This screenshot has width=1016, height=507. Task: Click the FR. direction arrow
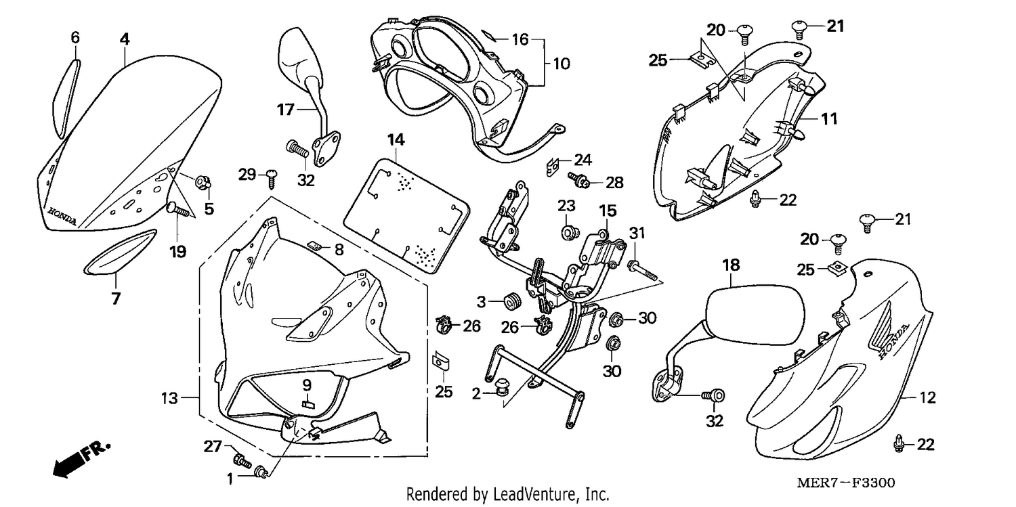click(81, 458)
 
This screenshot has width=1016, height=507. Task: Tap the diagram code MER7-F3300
click(846, 483)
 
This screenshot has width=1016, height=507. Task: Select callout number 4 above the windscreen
click(125, 39)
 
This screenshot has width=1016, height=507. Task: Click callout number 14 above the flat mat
click(396, 139)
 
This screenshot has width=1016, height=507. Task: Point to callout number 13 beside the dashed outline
click(169, 398)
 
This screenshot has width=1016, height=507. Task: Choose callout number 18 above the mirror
click(731, 265)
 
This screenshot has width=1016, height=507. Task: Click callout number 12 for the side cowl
click(927, 397)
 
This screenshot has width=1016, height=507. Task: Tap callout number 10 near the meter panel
click(562, 64)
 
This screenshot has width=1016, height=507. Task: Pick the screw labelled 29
click(272, 179)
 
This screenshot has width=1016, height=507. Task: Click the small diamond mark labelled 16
click(488, 35)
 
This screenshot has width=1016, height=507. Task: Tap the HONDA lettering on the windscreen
click(62, 217)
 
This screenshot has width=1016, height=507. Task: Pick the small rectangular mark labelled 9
click(308, 404)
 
